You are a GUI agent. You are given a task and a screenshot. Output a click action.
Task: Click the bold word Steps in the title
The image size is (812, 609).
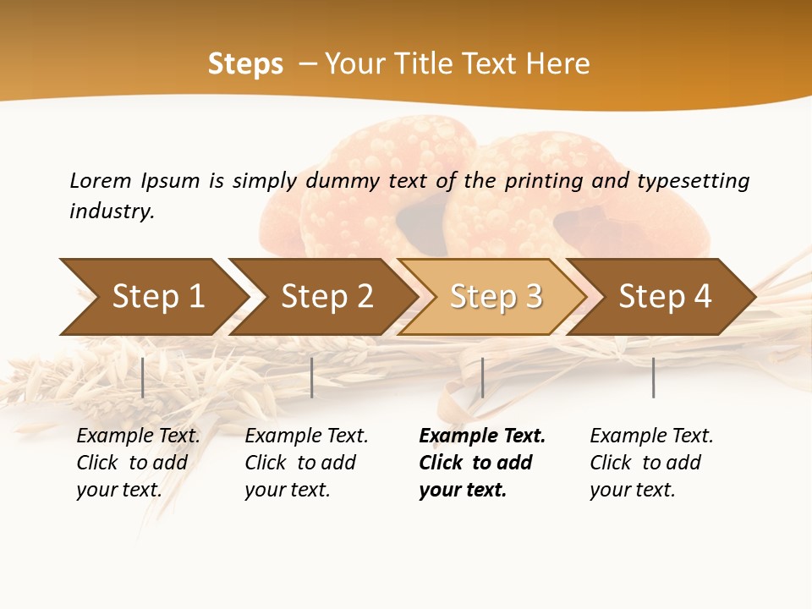coord(245,64)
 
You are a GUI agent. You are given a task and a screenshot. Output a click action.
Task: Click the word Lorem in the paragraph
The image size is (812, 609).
coord(100,180)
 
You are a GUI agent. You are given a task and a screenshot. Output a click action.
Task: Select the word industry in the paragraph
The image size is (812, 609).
coord(111,211)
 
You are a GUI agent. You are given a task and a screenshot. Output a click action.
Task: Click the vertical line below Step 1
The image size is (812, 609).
coord(143,377)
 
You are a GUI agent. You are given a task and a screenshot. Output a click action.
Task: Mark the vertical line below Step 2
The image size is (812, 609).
coord(312,377)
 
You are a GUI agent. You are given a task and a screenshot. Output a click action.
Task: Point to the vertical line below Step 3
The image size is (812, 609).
coord(482,377)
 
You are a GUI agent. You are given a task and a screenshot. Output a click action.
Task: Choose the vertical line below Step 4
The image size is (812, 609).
coord(654,377)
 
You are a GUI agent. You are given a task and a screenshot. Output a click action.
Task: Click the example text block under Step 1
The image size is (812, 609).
coord(138,463)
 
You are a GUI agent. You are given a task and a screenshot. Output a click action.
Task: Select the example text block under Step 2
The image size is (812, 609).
coord(306,463)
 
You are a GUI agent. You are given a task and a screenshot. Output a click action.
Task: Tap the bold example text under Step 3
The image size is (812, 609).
coord(482,463)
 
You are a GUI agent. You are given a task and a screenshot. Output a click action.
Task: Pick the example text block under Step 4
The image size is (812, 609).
coord(651,463)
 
